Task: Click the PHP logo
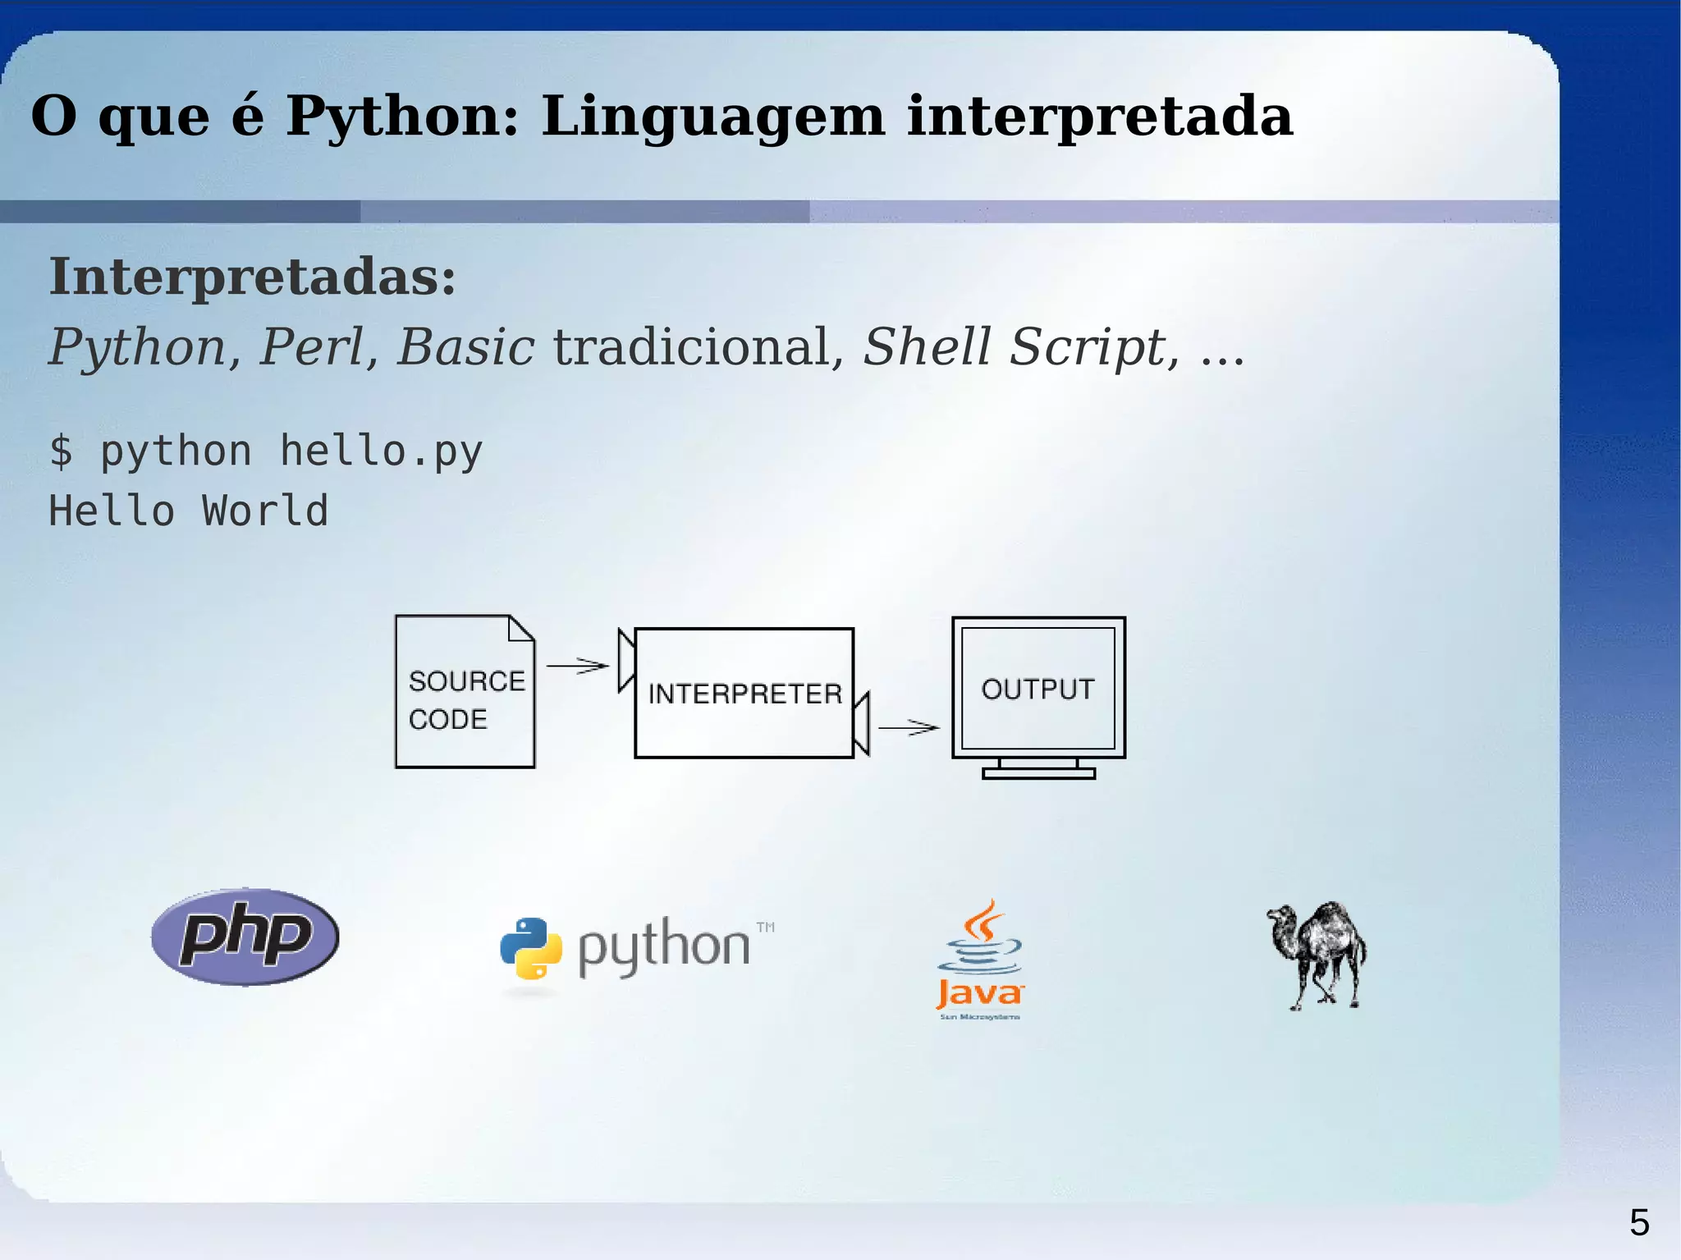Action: point(245,937)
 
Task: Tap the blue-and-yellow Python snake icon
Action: point(531,948)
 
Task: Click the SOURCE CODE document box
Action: point(465,692)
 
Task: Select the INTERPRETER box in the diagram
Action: point(744,694)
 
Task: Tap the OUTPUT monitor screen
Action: point(1038,689)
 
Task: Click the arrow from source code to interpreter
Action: point(578,666)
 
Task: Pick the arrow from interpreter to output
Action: point(909,727)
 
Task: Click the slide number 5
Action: point(1639,1223)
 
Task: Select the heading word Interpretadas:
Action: point(252,277)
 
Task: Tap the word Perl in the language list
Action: point(311,347)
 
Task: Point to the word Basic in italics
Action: point(465,347)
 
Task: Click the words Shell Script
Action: point(1015,347)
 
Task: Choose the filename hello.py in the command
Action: point(381,451)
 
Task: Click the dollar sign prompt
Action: point(61,451)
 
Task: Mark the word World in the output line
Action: point(265,511)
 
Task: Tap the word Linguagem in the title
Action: point(712,116)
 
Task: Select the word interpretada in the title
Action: point(1100,116)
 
